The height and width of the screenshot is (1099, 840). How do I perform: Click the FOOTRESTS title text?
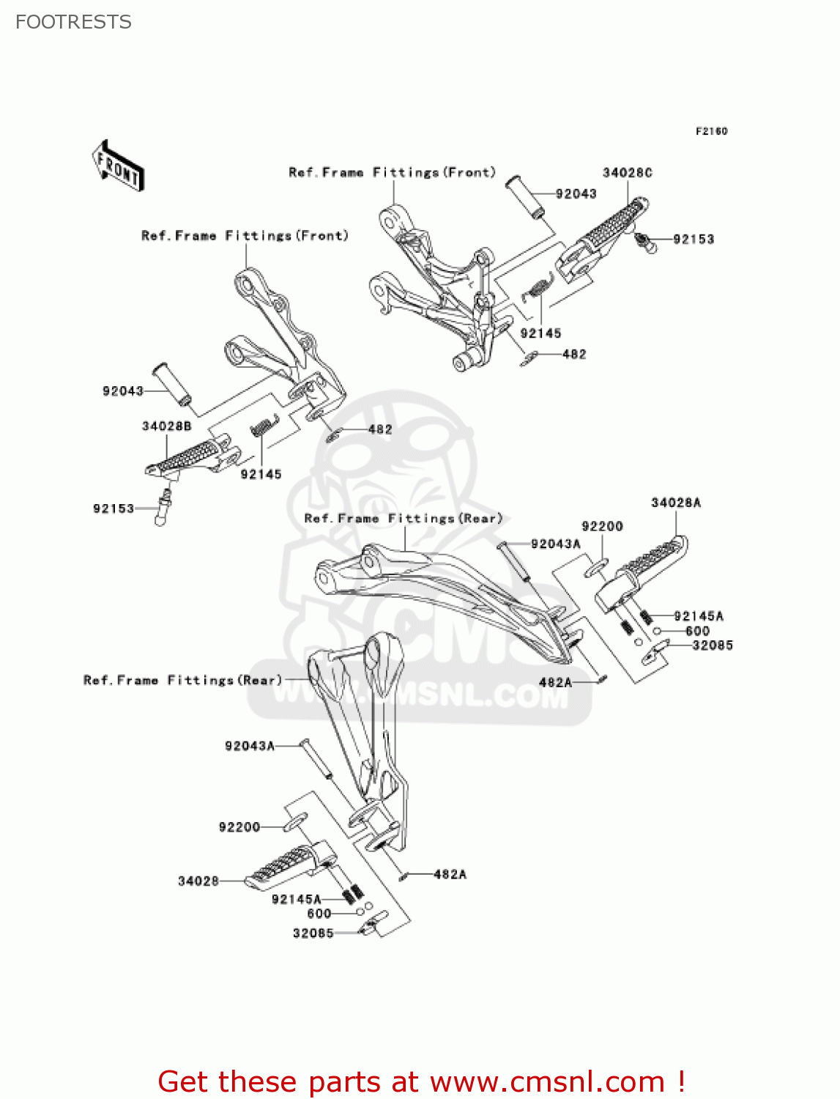73,22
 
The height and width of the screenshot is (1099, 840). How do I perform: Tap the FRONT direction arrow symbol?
118,166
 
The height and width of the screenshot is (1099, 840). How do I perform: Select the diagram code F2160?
711,131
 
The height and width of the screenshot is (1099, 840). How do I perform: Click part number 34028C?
627,173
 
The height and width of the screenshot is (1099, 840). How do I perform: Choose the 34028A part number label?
675,503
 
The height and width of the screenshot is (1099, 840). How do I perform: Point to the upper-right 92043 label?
576,194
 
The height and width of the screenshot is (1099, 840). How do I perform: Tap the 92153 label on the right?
693,240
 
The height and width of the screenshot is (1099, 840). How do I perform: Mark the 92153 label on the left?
114,509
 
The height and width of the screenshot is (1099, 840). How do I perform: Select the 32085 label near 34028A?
712,645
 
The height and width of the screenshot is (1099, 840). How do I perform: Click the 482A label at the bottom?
450,874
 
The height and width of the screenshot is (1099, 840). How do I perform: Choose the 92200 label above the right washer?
602,527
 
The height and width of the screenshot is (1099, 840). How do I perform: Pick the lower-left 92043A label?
249,746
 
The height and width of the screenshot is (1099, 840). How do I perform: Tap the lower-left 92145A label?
296,899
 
